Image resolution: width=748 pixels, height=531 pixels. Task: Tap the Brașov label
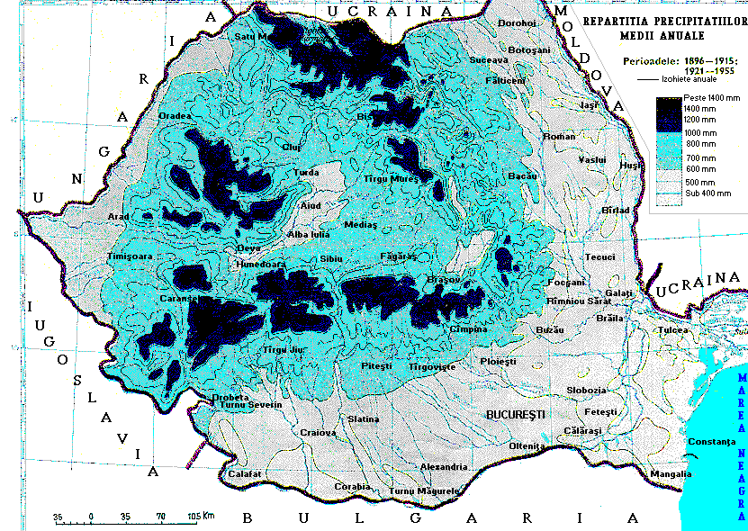click(x=443, y=280)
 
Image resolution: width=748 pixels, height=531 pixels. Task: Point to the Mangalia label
click(x=671, y=473)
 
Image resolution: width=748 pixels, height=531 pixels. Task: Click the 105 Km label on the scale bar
click(x=201, y=517)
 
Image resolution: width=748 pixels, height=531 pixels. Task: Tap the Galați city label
click(x=619, y=294)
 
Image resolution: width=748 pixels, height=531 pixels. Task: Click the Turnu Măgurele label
click(x=425, y=490)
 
